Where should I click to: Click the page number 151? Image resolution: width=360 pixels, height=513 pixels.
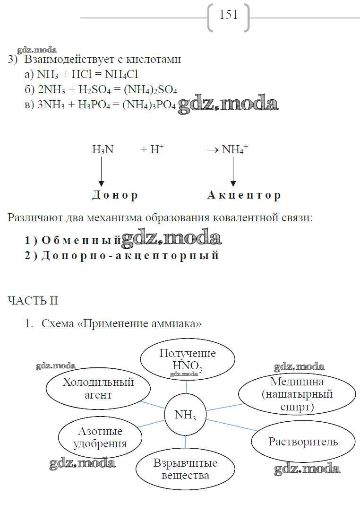(x=229, y=16)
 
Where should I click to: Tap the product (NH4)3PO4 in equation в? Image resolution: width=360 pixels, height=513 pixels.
(x=149, y=106)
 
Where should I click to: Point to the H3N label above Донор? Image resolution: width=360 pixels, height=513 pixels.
(x=103, y=150)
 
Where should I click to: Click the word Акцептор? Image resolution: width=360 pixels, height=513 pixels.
(x=244, y=195)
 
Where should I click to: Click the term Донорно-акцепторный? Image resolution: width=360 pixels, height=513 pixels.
(x=130, y=256)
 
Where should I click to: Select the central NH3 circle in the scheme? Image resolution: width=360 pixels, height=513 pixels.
(x=185, y=415)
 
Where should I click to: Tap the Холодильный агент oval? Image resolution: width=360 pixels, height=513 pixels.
(x=98, y=388)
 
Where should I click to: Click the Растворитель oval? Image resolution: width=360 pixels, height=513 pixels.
(x=303, y=442)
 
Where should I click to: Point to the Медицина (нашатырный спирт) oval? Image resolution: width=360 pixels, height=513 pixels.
(x=297, y=394)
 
